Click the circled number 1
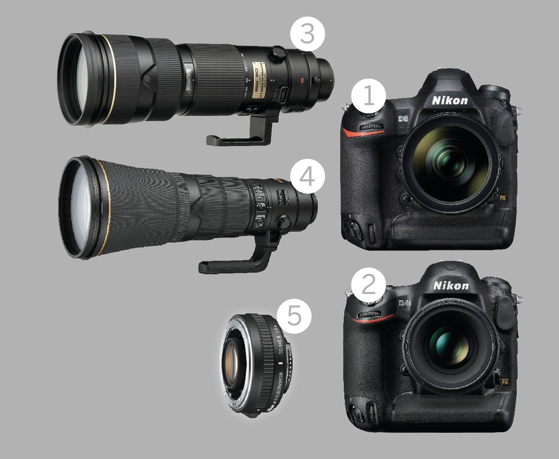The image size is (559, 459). click(368, 97)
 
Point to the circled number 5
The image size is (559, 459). click(294, 316)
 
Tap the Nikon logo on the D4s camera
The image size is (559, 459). click(451, 285)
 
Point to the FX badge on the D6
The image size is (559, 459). click(502, 197)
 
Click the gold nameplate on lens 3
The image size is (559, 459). click(259, 80)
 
